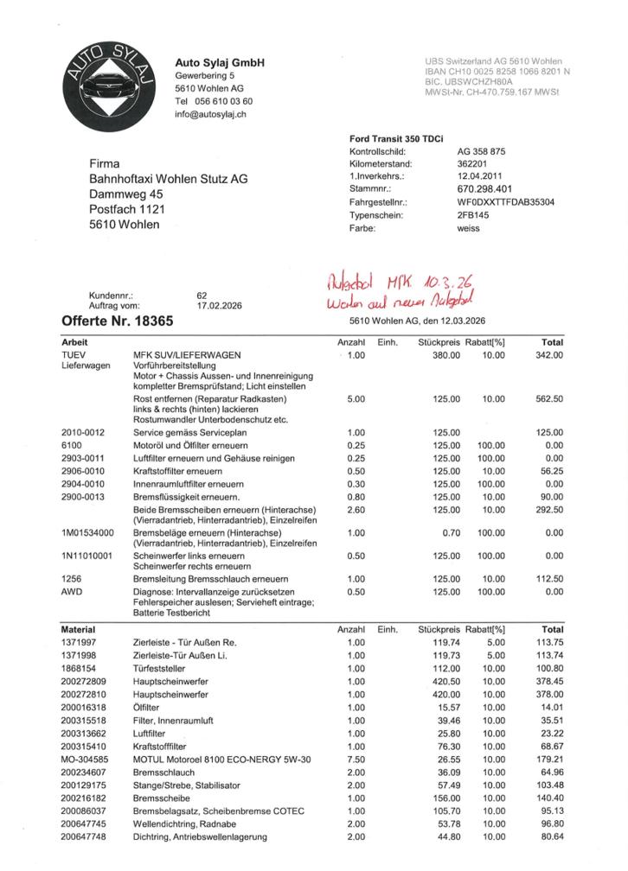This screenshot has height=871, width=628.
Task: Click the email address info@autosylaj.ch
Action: click(211, 114)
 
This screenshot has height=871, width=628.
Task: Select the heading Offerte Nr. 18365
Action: click(118, 321)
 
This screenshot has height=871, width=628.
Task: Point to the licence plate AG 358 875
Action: click(481, 150)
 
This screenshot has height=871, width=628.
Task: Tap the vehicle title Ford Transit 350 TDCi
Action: click(396, 137)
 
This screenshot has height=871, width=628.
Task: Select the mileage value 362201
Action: click(472, 163)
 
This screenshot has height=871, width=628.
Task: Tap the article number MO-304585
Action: click(83, 760)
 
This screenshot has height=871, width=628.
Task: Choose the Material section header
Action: click(78, 630)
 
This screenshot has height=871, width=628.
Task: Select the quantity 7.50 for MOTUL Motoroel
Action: click(355, 760)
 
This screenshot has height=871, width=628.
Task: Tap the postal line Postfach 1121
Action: click(127, 209)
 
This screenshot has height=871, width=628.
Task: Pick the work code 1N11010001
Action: click(87, 556)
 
